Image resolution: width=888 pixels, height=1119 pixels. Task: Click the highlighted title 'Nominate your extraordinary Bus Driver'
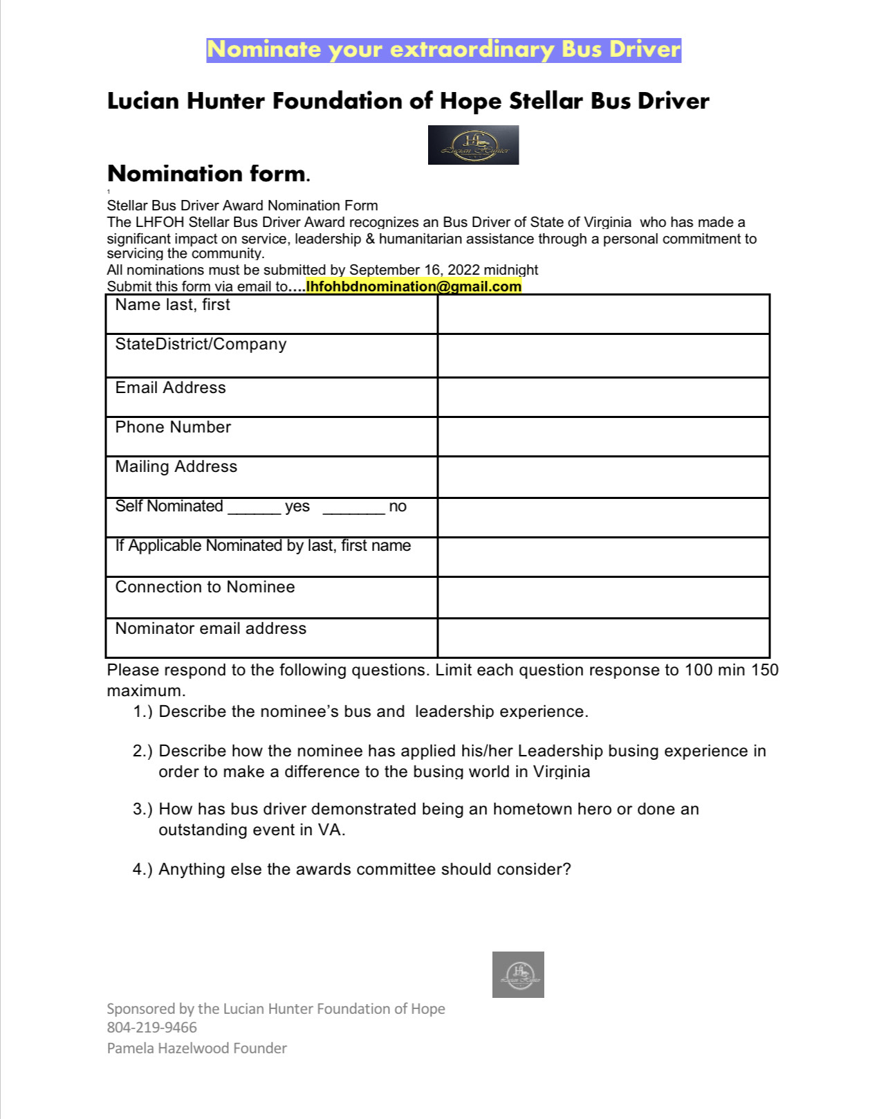(x=443, y=50)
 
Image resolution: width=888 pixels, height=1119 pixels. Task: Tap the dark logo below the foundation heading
(x=473, y=145)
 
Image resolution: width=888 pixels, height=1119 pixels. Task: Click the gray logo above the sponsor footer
(x=518, y=974)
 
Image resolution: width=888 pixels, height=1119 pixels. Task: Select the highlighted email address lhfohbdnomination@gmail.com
(x=414, y=286)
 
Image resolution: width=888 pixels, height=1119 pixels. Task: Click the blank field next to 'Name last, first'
(x=603, y=314)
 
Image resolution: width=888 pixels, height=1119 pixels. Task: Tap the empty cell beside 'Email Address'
(x=603, y=397)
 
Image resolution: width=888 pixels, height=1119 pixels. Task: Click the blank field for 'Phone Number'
(x=603, y=436)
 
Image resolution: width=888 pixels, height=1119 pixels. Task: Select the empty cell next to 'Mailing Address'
(x=603, y=476)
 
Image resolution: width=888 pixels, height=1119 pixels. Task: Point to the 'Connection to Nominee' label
(x=205, y=587)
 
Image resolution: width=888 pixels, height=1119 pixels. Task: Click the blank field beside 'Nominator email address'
(x=603, y=637)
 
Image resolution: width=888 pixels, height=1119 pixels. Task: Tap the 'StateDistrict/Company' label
(x=201, y=344)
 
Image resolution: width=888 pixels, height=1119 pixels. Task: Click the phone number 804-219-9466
(x=151, y=1028)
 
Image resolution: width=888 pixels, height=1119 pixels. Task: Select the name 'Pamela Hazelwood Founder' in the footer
(x=196, y=1048)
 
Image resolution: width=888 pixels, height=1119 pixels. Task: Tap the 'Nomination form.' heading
(x=208, y=173)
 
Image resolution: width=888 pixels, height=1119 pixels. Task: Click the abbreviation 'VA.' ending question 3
(x=331, y=830)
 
